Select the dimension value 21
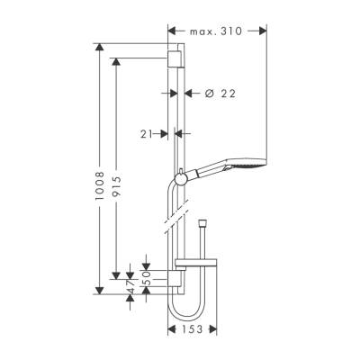click(148, 133)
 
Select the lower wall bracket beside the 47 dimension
click(176, 283)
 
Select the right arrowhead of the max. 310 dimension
click(264, 31)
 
